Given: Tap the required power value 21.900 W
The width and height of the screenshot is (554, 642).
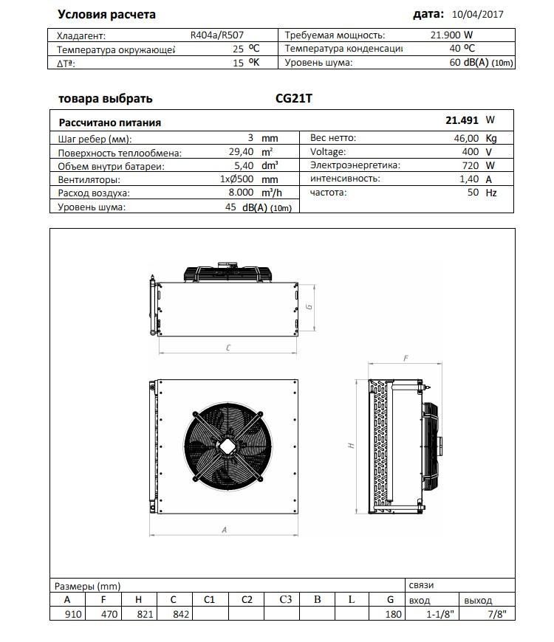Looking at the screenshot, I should [x=452, y=35].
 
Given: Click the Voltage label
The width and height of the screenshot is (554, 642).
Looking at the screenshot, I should [x=328, y=152].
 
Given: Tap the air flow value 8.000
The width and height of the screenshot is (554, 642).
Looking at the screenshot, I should [x=240, y=193].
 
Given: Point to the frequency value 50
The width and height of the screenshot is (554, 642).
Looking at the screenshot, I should [x=472, y=193].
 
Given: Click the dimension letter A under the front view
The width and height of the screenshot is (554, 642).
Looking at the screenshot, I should [x=224, y=529].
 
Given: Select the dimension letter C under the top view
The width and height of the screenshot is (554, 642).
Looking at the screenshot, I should [x=228, y=346].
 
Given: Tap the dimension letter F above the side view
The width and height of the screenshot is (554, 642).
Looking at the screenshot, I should [x=406, y=358].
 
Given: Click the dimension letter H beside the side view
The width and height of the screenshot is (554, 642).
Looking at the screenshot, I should [x=352, y=446].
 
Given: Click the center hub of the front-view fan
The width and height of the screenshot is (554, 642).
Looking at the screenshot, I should [x=225, y=444].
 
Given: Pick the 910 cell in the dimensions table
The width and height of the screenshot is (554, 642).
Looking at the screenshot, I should [x=69, y=613].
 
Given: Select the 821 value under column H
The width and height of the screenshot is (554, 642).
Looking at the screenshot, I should [x=139, y=613].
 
